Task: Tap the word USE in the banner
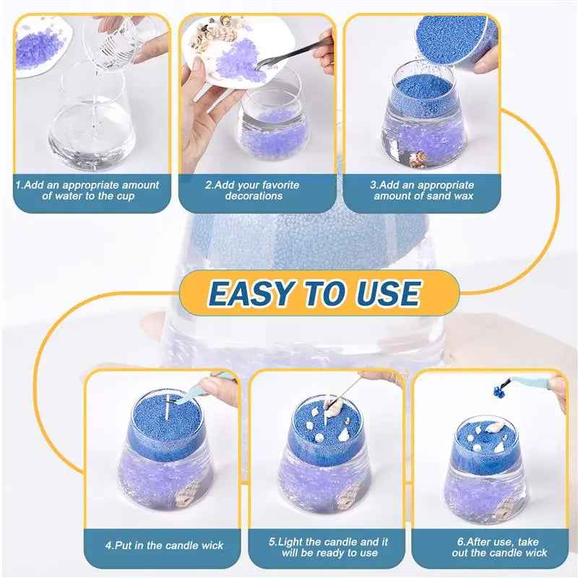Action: [383, 293]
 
